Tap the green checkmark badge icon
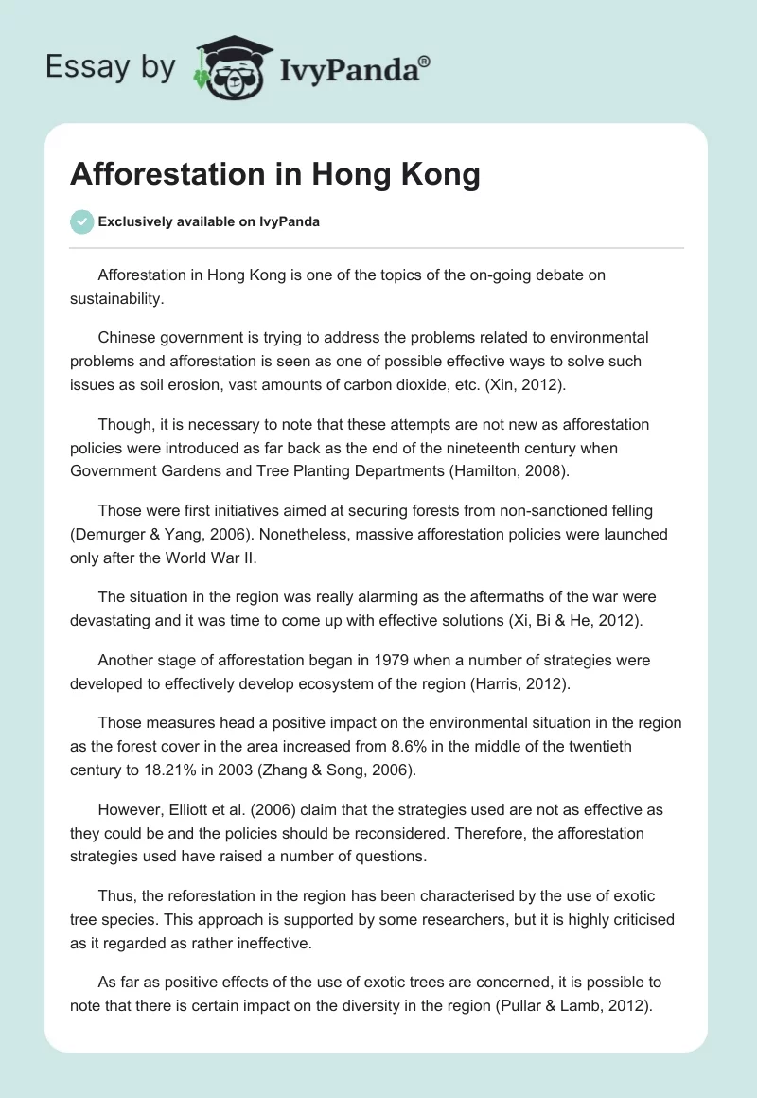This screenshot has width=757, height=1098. (81, 221)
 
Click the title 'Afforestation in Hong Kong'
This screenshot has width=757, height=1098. (275, 175)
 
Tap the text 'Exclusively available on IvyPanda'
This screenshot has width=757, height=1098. (209, 221)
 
